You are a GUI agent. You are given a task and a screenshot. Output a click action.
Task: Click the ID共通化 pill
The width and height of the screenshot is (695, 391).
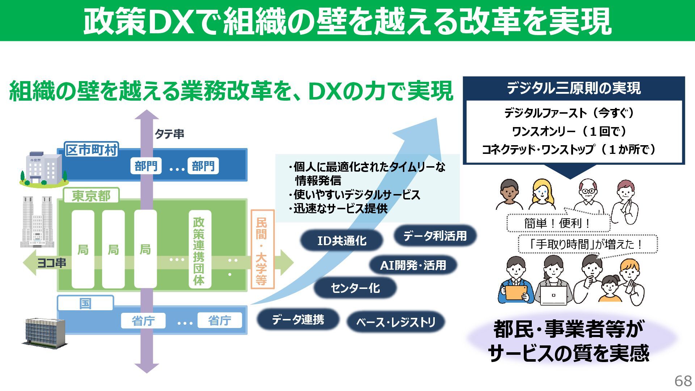(341, 240)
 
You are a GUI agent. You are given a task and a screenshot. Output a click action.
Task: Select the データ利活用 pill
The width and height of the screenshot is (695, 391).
(435, 236)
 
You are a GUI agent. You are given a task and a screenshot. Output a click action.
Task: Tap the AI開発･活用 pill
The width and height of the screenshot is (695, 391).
(413, 265)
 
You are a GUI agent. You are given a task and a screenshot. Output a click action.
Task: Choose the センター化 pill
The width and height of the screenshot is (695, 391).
(355, 288)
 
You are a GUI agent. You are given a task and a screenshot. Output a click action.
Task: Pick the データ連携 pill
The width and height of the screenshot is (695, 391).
(298, 319)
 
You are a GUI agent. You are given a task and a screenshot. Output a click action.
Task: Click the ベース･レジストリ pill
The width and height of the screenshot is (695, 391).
(396, 322)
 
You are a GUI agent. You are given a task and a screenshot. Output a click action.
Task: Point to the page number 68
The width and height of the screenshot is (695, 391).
(683, 381)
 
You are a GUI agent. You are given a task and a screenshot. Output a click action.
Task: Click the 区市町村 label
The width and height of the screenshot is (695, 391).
(91, 150)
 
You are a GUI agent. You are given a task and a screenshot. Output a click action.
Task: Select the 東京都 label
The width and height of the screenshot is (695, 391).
(91, 196)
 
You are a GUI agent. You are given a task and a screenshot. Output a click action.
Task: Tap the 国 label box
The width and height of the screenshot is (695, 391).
(85, 303)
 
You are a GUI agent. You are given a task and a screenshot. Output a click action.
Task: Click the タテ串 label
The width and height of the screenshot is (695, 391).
(169, 134)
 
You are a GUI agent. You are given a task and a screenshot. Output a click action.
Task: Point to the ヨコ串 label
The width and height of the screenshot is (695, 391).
(52, 263)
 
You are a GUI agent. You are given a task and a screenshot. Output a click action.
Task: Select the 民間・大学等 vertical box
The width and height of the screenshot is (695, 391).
(262, 250)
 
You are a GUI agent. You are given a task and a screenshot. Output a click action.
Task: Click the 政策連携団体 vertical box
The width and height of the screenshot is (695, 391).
(199, 250)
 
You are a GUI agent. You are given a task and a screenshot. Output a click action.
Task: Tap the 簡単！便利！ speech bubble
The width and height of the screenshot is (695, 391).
(558, 223)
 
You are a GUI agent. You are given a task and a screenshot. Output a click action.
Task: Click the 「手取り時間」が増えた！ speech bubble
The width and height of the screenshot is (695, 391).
(587, 244)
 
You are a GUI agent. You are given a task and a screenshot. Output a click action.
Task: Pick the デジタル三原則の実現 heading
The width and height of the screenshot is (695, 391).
(573, 88)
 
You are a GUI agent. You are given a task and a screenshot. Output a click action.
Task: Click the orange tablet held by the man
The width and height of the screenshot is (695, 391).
(516, 293)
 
